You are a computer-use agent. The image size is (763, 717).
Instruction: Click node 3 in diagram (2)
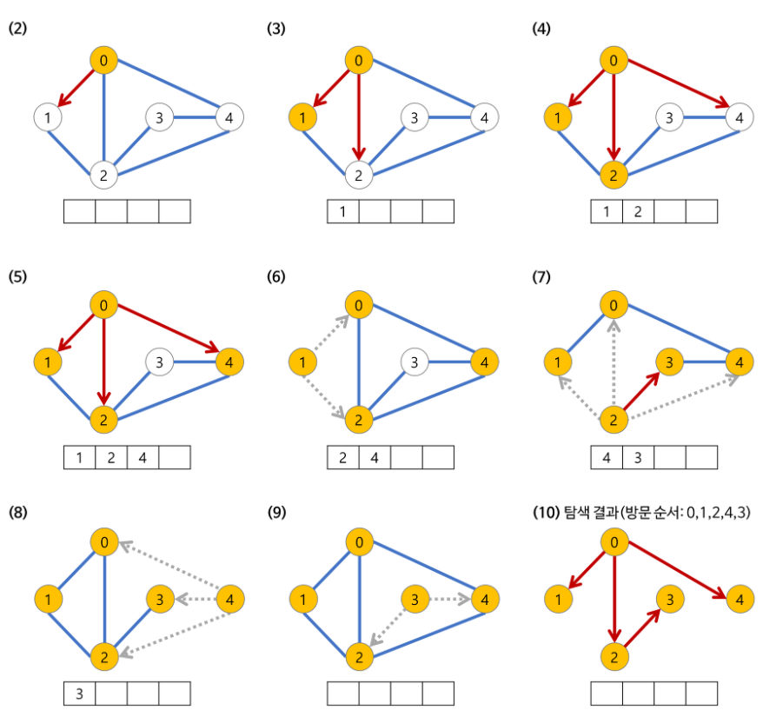[157, 116]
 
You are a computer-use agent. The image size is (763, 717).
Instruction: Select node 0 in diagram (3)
[358, 61]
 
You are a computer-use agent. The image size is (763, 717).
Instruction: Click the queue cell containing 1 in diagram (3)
[343, 212]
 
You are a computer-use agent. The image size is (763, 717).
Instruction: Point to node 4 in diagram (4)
[738, 116]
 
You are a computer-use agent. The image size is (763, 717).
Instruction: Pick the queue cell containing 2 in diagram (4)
[638, 212]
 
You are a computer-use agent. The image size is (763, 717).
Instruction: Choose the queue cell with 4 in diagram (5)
[143, 457]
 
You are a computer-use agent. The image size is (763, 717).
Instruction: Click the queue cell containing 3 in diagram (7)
[638, 457]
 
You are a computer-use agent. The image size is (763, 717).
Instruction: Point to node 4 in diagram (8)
[229, 600]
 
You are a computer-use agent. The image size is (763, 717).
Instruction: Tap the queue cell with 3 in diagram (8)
[80, 694]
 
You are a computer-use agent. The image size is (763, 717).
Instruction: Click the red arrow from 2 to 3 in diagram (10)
[641, 627]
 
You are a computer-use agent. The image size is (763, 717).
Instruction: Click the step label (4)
[541, 30]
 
